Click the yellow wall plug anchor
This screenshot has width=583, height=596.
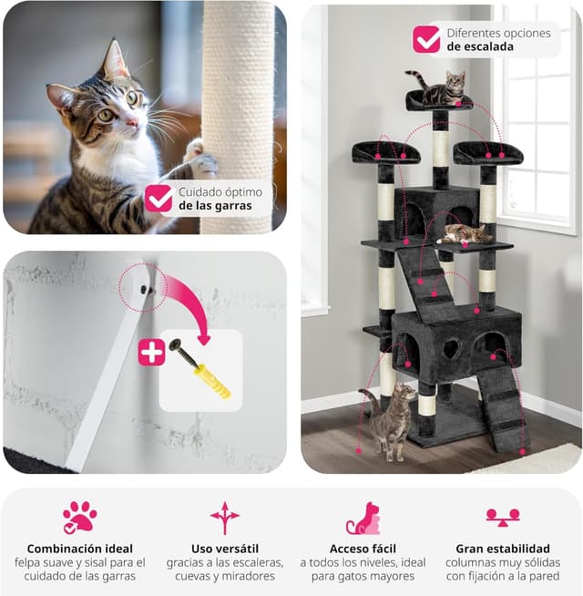tap(212, 381)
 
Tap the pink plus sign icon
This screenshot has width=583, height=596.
tap(151, 353)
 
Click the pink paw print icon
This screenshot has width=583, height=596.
tap(80, 518)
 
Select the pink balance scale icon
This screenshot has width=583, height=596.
tap(503, 518)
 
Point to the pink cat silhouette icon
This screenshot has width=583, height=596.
tap(363, 518)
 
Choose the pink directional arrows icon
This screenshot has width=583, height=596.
tap(225, 518)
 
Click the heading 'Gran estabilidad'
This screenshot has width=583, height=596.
tap(503, 549)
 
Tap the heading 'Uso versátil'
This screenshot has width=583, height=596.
tap(225, 549)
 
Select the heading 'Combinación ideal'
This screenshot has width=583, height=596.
tap(80, 549)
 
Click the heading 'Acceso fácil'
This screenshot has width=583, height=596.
tap(363, 549)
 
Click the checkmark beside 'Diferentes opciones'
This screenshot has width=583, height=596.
tap(426, 39)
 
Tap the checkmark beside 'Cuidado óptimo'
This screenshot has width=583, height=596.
tap(159, 199)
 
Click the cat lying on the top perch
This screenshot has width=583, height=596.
tap(440, 87)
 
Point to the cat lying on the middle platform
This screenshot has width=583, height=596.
tap(465, 234)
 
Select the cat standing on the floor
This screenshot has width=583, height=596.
tap(390, 421)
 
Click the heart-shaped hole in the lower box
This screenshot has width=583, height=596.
tap(452, 348)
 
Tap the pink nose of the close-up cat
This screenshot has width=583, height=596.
tap(132, 122)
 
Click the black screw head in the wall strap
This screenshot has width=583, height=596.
tap(144, 291)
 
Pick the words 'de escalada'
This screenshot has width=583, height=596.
tap(480, 46)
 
